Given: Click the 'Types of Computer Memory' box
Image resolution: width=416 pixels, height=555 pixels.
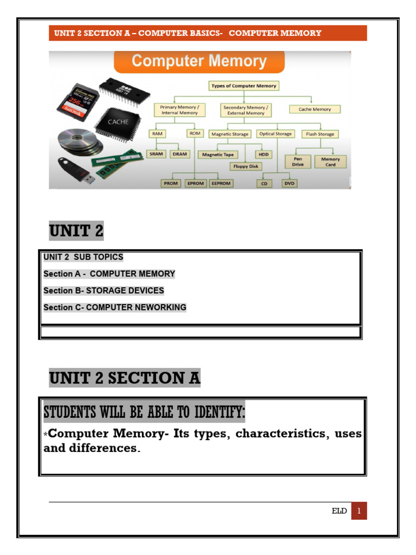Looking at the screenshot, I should [244, 86].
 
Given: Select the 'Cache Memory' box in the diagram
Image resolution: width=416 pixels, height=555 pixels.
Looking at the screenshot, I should [314, 109].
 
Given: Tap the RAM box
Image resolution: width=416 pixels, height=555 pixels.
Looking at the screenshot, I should [158, 133].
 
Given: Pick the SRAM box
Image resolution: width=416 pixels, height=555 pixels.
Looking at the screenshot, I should [156, 154].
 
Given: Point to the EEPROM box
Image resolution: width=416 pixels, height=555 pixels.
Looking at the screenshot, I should [221, 183].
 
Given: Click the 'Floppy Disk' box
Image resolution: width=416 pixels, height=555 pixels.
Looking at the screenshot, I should [245, 166].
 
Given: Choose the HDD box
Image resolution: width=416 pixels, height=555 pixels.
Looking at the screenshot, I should [264, 154].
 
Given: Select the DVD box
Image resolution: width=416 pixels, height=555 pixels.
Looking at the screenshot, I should [290, 183].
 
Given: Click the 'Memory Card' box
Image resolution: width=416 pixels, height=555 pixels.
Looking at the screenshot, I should [330, 162].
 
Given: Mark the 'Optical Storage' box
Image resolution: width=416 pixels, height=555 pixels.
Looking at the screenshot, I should [275, 133].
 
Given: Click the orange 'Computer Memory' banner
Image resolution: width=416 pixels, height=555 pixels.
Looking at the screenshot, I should [199, 61].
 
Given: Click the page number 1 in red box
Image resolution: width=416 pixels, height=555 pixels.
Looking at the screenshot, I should [359, 511].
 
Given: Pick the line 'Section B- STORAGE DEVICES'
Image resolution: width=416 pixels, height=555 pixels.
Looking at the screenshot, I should [103, 291].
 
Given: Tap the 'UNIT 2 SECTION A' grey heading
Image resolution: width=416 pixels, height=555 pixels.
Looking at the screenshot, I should [125, 377].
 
